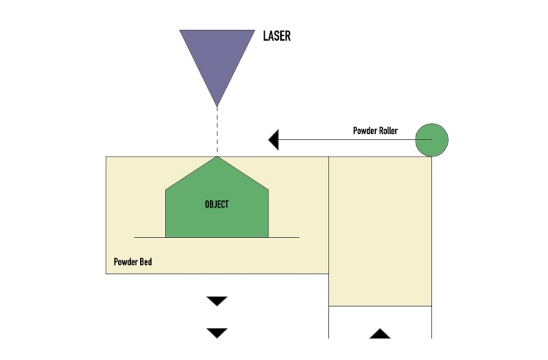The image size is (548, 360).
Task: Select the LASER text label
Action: point(276,36)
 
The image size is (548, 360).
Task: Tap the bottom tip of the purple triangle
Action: point(217,105)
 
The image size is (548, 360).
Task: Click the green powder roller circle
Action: point(431,141)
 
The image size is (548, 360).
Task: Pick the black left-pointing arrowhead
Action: point(274,140)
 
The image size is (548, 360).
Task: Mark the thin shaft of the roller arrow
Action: point(344,140)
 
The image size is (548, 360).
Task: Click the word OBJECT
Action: point(217,204)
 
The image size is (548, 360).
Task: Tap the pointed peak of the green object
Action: point(217,158)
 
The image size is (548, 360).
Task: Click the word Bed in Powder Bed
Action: point(145,262)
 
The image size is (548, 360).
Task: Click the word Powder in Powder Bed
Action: point(125,262)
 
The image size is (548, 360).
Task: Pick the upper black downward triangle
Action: point(217,301)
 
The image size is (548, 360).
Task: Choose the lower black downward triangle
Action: point(217,333)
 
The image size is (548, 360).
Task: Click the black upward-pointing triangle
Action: point(380,333)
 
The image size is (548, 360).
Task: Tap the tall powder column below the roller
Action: point(380,235)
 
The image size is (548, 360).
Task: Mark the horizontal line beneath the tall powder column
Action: point(380,306)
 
